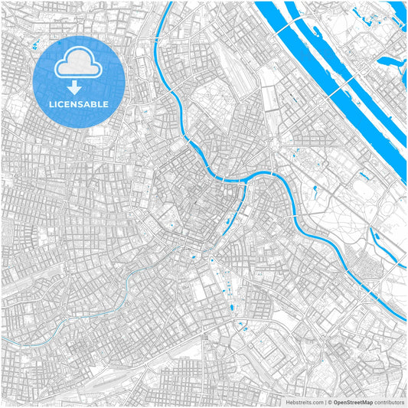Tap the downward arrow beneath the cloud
[x=80, y=88]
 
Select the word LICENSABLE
[x=80, y=104]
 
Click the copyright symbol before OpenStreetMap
[x=329, y=401]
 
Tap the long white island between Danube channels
[x=337, y=69]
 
